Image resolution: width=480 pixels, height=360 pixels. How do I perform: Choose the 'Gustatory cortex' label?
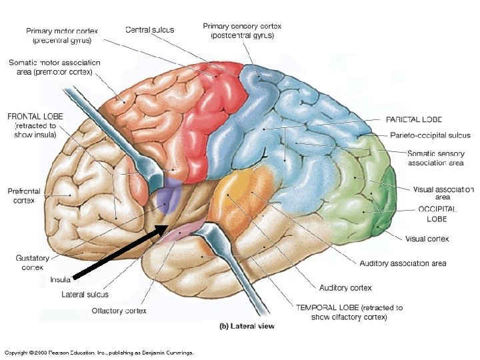pyautogui.click(x=28, y=261)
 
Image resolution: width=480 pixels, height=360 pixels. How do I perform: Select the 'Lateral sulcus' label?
pyautogui.click(x=85, y=294)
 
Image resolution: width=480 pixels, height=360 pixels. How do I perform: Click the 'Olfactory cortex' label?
pyautogui.click(x=119, y=311)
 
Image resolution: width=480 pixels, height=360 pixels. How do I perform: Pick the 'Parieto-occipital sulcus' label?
pyautogui.click(x=430, y=135)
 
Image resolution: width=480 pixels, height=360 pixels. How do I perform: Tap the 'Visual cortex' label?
pyautogui.click(x=427, y=239)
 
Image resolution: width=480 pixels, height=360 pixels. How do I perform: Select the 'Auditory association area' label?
pyautogui.click(x=403, y=263)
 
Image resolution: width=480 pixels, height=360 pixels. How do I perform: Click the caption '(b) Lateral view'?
pyautogui.click(x=247, y=327)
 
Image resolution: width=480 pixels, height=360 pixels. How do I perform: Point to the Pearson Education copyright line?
pyautogui.click(x=99, y=352)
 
